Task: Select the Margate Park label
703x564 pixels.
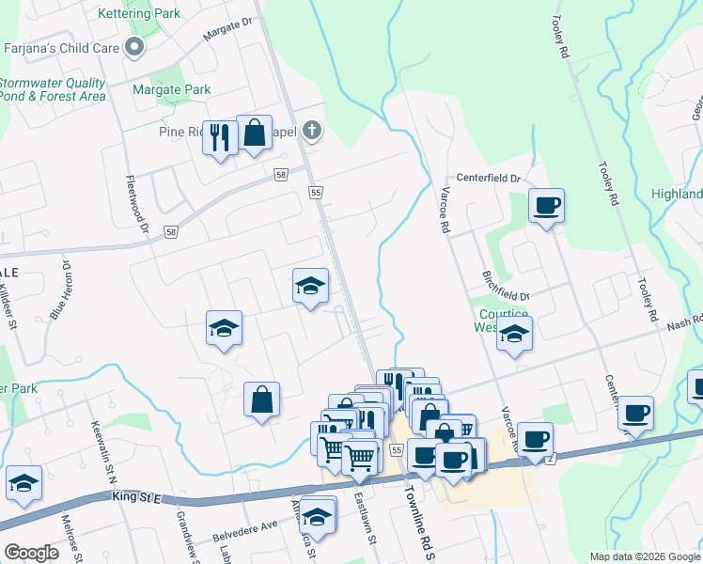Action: click(x=172, y=90)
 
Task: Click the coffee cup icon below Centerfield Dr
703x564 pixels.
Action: click(x=546, y=205)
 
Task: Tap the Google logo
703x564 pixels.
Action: click(x=31, y=552)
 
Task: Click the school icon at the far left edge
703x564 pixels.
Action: click(x=23, y=483)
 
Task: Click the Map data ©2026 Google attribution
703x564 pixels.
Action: click(x=644, y=556)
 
